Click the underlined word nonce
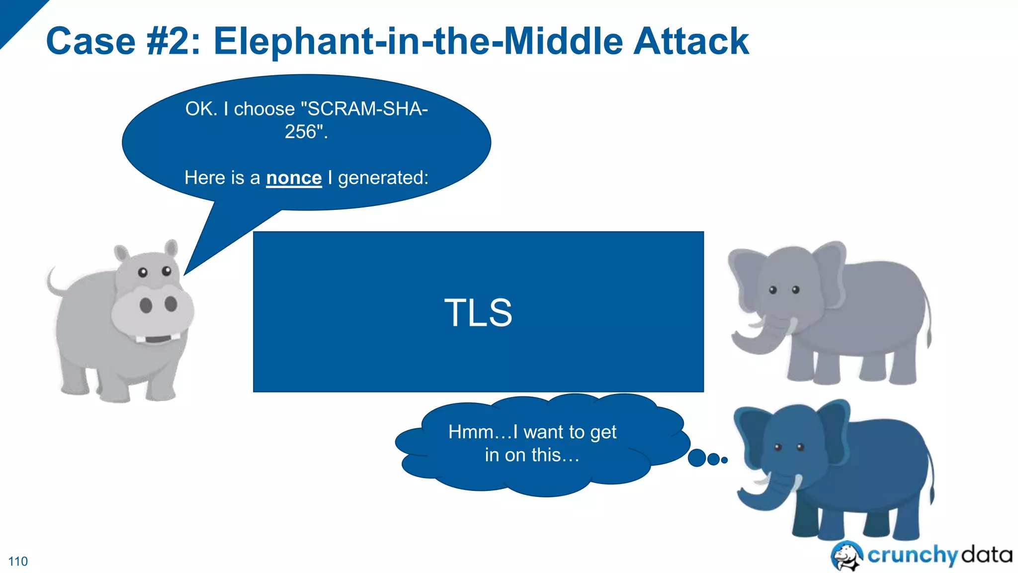pyautogui.click(x=294, y=178)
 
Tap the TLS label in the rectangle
pyautogui.click(x=478, y=313)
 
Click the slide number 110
pyautogui.click(x=18, y=562)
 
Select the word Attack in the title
pyautogui.click(x=691, y=41)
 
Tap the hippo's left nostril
pyautogui.click(x=146, y=305)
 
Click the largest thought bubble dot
pyautogui.click(x=697, y=458)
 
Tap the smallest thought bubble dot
pyautogui.click(x=725, y=460)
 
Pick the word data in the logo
pyautogui.click(x=987, y=554)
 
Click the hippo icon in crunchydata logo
pyautogui.click(x=847, y=556)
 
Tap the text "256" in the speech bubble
pyautogui.click(x=301, y=132)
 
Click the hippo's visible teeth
pyautogui.click(x=158, y=339)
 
